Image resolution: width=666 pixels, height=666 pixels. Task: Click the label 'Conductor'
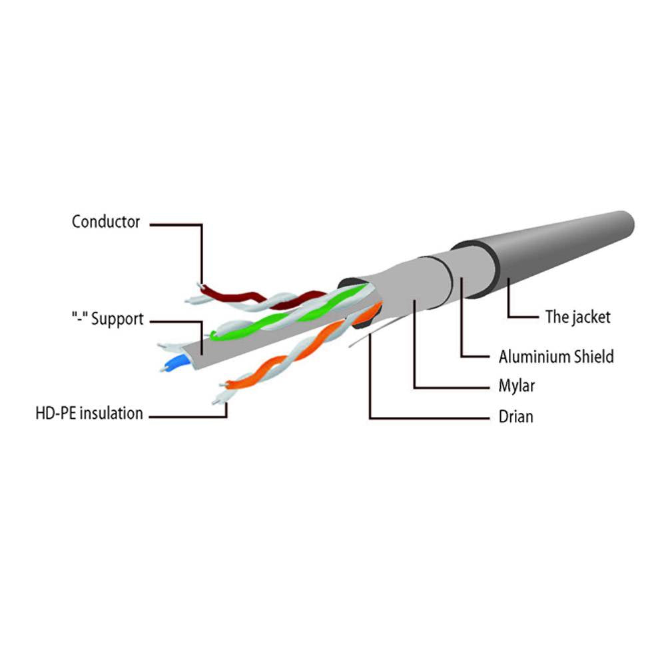(106, 222)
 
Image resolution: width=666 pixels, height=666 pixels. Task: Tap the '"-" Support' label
(107, 319)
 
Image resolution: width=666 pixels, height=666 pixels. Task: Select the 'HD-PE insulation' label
(89, 414)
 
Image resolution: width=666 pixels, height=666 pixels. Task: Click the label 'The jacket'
(577, 317)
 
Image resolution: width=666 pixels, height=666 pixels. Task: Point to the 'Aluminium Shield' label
(556, 357)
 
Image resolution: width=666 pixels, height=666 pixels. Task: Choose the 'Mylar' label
(516, 386)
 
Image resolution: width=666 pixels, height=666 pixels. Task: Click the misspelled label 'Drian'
(515, 418)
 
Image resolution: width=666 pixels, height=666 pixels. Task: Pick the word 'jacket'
(589, 317)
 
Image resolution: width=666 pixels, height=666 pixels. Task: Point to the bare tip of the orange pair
(217, 400)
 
